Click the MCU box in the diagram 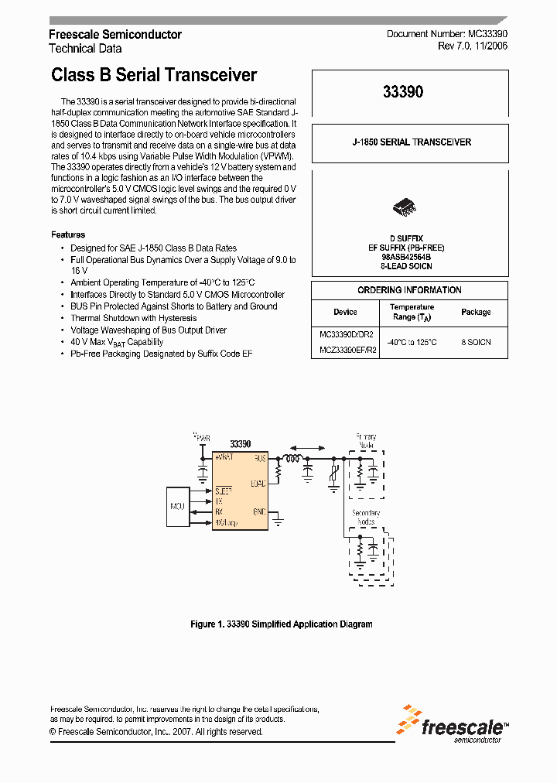(x=177, y=506)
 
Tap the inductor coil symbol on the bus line (x=293, y=459)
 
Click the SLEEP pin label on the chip (x=223, y=491)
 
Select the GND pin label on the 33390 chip (x=259, y=512)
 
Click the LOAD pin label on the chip (x=258, y=484)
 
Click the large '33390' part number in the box (x=403, y=91)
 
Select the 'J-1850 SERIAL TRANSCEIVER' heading (x=411, y=142)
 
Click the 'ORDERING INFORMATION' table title (x=409, y=290)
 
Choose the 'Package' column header (x=476, y=312)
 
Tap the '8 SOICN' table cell (x=476, y=341)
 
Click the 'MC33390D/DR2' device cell (x=346, y=335)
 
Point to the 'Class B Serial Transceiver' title (x=154, y=75)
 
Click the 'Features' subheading (x=68, y=234)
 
